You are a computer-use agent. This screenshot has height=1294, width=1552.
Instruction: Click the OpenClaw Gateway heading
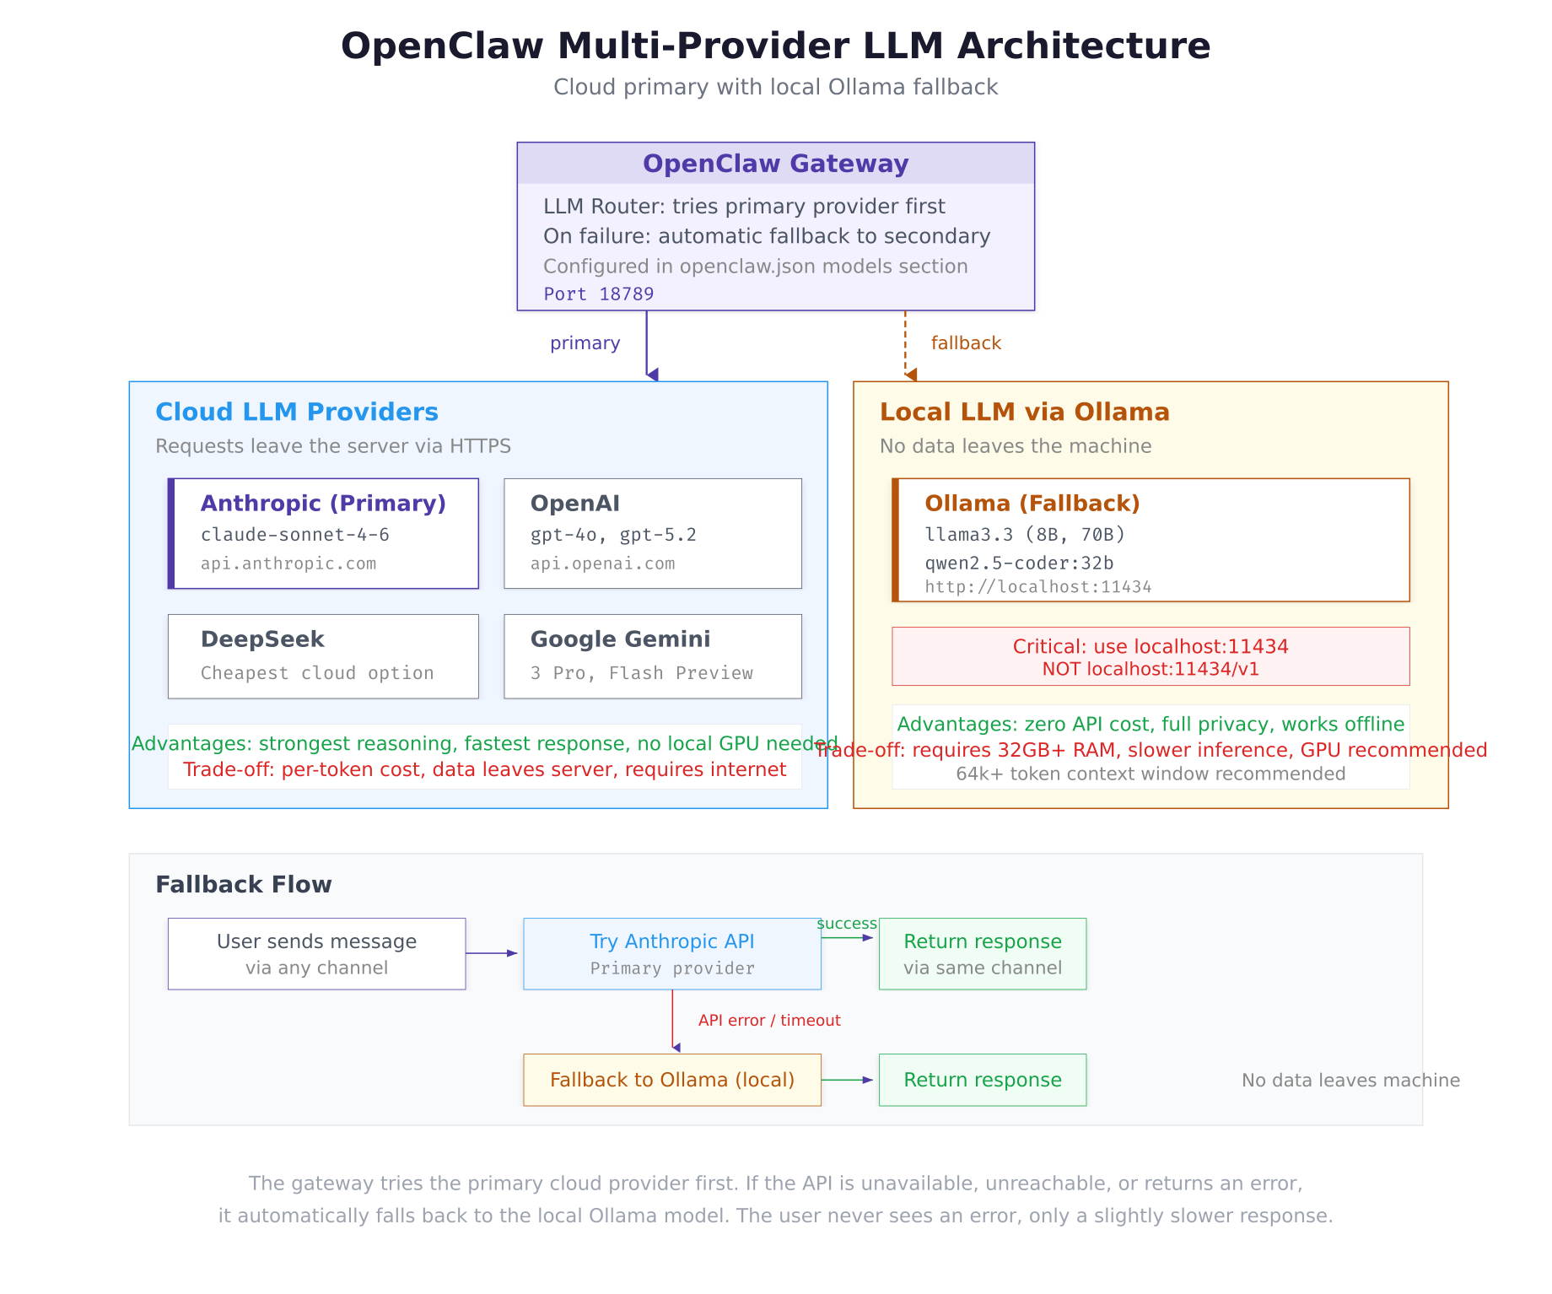(x=775, y=164)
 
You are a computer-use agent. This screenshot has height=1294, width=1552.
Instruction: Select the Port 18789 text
(x=598, y=294)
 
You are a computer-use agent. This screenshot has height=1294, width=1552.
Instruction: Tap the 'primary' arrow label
(x=585, y=343)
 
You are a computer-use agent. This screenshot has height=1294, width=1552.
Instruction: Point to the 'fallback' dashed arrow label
(x=966, y=343)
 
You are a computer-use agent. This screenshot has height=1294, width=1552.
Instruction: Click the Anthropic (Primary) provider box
(x=323, y=533)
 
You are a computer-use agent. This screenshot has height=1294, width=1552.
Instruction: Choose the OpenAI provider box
(x=652, y=533)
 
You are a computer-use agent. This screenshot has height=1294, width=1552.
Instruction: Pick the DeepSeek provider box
(x=323, y=656)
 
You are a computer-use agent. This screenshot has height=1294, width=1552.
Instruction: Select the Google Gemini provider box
(x=652, y=656)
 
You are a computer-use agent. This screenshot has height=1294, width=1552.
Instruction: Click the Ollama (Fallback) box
(x=1151, y=540)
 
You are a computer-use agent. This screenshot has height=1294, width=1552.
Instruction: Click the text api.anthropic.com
(x=288, y=563)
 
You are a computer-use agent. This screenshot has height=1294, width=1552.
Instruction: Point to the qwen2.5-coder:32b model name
(x=1019, y=563)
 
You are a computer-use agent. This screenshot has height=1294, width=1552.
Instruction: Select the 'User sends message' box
(x=316, y=953)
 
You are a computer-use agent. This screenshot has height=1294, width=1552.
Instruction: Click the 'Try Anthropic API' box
(x=671, y=953)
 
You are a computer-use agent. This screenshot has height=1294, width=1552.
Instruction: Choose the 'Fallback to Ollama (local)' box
(x=671, y=1080)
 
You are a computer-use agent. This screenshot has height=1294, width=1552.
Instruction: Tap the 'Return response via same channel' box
(x=982, y=953)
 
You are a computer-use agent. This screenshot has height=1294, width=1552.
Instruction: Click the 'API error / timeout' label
(x=769, y=1021)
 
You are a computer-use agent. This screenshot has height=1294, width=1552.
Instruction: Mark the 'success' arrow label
(x=847, y=924)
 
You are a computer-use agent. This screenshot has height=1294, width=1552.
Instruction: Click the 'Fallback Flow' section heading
(x=244, y=885)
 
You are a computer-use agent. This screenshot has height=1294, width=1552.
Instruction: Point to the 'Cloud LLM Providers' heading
(x=297, y=412)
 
